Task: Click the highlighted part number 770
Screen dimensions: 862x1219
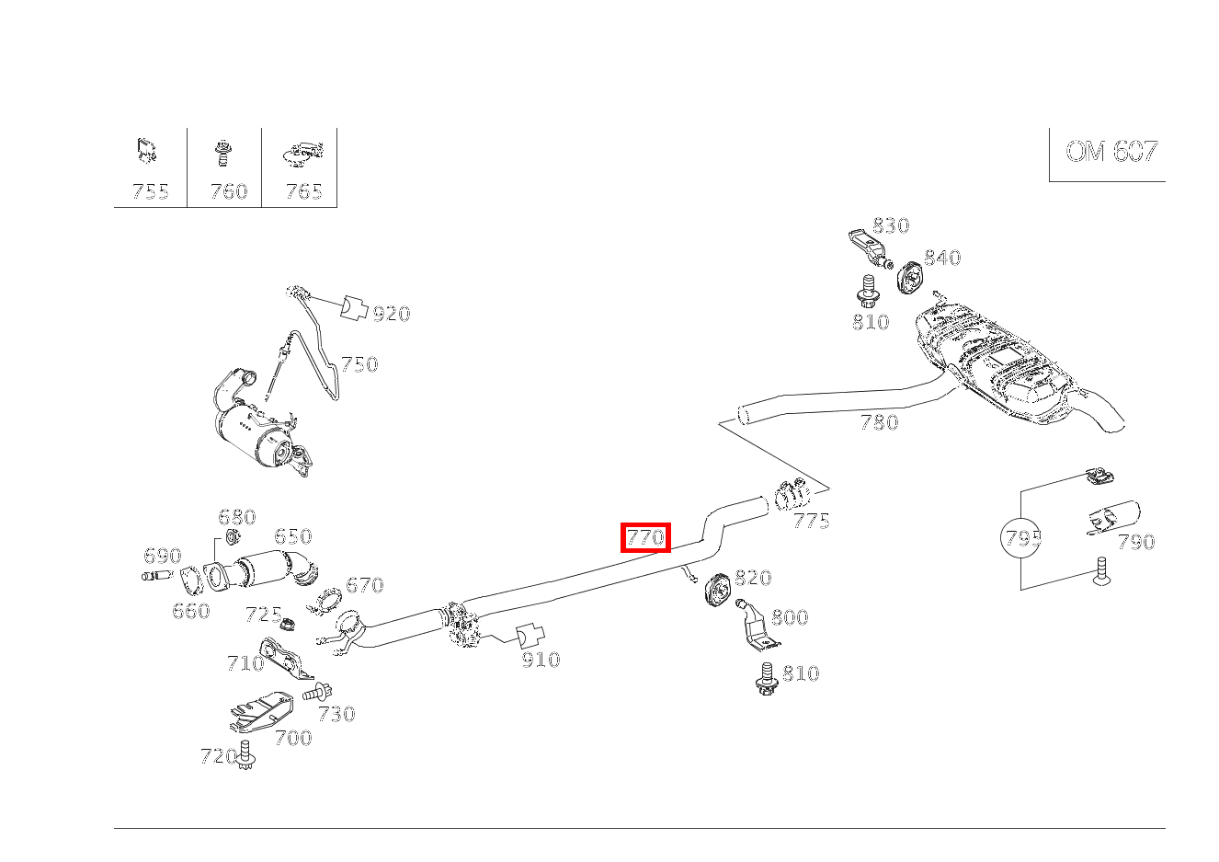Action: [645, 537]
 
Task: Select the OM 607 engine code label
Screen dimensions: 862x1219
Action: [1111, 152]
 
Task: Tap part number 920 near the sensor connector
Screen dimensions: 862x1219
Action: [391, 314]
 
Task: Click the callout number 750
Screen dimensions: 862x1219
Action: [359, 364]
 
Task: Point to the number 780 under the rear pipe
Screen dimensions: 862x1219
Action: [878, 422]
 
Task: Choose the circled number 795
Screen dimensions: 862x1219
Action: [1021, 538]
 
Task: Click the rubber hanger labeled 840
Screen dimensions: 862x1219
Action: [910, 277]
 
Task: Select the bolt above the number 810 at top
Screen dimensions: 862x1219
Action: [866, 292]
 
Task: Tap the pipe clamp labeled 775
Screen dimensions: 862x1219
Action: [791, 496]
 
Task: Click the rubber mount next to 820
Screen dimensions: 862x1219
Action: [716, 590]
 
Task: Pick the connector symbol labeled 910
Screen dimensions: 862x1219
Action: [530, 637]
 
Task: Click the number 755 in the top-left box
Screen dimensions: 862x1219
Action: [150, 191]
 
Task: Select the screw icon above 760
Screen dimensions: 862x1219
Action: [222, 153]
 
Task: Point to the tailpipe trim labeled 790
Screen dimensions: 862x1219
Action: [1111, 518]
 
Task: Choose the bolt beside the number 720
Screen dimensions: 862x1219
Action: [245, 754]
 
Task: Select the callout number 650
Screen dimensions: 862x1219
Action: [292, 536]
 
